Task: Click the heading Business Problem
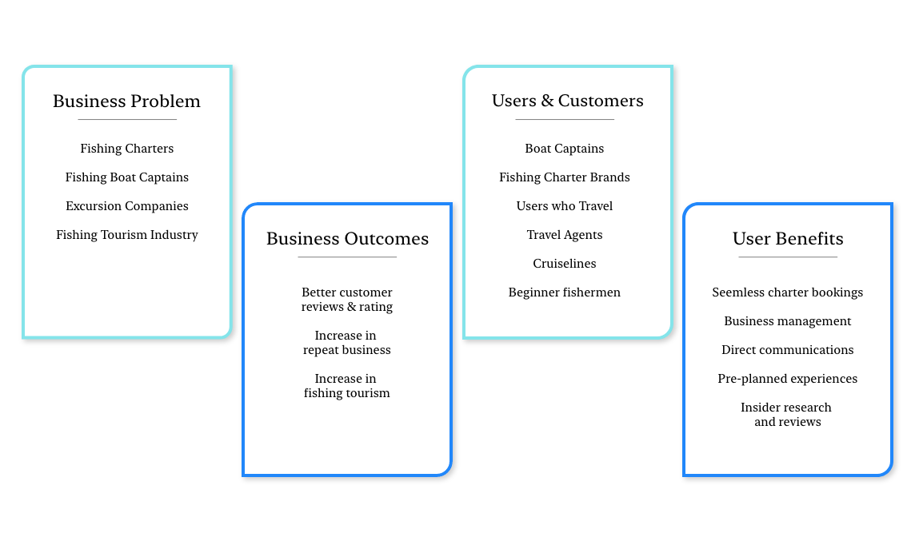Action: point(126,101)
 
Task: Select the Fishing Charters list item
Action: point(126,149)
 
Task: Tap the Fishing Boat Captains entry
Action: point(126,177)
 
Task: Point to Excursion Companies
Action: point(126,206)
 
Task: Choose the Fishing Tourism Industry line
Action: point(126,235)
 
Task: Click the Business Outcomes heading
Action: point(347,239)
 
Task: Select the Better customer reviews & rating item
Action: point(347,300)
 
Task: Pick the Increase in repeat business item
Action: point(347,343)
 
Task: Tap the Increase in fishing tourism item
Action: point(347,386)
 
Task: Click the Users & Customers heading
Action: point(567,101)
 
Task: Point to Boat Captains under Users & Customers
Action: point(564,149)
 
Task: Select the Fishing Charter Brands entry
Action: point(564,177)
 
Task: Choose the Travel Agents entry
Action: point(564,235)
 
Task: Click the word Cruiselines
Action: point(564,264)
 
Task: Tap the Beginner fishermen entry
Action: point(564,292)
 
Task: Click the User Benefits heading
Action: point(787,239)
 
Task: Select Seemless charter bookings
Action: point(787,292)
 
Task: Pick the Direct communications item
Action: point(787,350)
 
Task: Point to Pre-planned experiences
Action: point(787,379)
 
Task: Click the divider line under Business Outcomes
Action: point(347,257)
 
